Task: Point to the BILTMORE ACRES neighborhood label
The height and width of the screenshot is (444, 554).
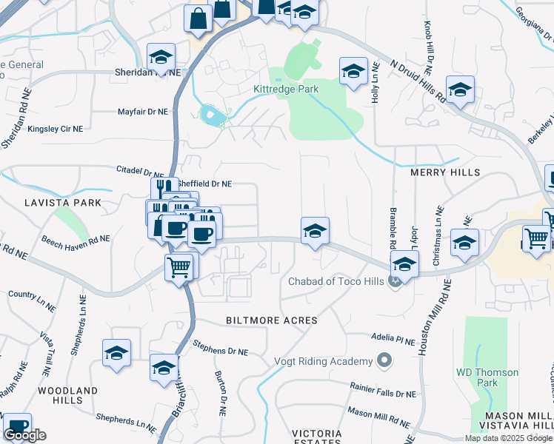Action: click(x=271, y=320)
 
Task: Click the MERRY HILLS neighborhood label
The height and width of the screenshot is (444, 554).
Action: click(x=445, y=172)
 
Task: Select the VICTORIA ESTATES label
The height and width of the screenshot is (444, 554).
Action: click(x=316, y=437)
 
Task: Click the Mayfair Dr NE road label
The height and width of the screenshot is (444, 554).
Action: click(x=143, y=112)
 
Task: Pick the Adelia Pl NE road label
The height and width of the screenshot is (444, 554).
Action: click(x=395, y=340)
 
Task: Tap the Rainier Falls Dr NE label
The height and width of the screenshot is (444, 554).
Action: click(x=383, y=390)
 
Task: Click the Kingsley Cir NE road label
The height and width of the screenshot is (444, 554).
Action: click(x=56, y=129)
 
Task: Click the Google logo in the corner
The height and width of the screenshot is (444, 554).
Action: click(x=24, y=435)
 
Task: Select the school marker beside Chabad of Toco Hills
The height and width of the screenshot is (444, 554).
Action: click(x=404, y=263)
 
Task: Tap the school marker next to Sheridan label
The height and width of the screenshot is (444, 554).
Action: click(x=161, y=57)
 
